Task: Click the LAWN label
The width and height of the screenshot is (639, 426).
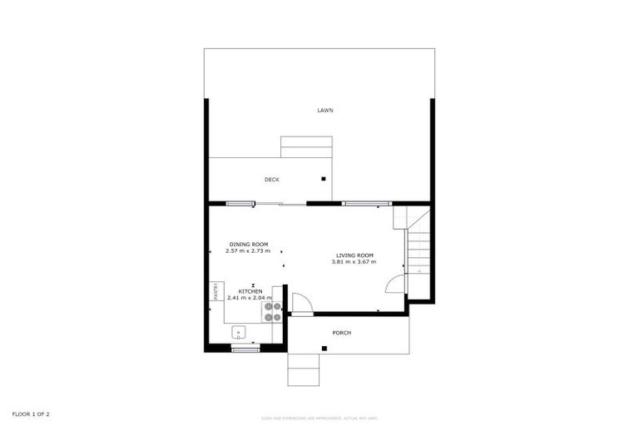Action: [x=324, y=110]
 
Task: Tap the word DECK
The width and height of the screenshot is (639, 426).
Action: [x=271, y=180]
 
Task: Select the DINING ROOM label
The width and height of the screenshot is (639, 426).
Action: [x=249, y=244]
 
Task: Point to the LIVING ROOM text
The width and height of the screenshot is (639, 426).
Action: [x=354, y=255]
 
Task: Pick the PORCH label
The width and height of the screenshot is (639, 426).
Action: [x=341, y=333]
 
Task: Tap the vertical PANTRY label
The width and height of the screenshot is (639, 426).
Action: [x=215, y=291]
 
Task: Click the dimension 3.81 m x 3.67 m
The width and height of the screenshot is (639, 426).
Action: [x=354, y=262]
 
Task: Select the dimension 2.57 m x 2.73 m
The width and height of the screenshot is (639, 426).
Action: [x=248, y=250]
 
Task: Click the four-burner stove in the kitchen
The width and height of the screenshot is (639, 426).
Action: [x=272, y=311]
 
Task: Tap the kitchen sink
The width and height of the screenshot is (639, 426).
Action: [x=239, y=333]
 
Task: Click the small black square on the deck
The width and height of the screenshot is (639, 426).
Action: [x=324, y=178]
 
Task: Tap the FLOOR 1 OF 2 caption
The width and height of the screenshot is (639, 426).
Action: [x=32, y=414]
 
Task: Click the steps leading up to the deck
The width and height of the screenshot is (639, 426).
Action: [x=306, y=146]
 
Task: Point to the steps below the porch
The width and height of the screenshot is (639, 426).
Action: [x=304, y=369]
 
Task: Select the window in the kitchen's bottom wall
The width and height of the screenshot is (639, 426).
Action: [x=245, y=350]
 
